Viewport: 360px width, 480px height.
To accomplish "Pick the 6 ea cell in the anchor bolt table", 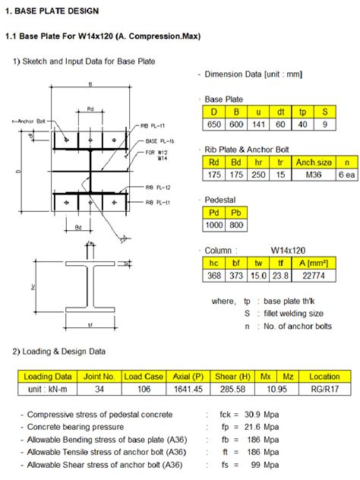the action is [x=346, y=174].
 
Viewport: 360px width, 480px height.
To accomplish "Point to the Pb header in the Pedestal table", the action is [x=238, y=212].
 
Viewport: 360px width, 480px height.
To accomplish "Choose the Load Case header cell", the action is [x=144, y=376].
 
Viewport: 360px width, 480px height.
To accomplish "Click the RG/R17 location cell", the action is [x=325, y=389].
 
